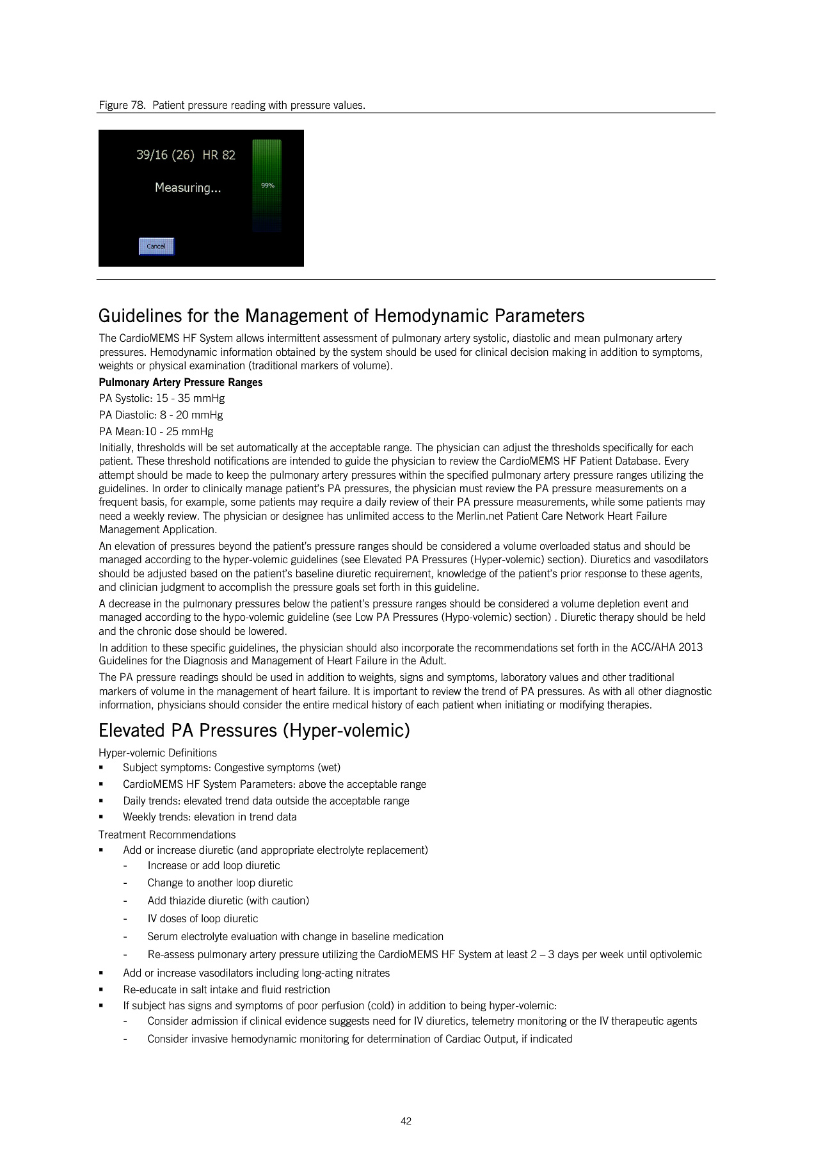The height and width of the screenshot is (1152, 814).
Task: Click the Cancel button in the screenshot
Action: [x=156, y=246]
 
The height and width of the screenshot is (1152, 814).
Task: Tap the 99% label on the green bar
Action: [x=267, y=186]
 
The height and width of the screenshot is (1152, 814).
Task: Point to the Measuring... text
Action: [x=188, y=188]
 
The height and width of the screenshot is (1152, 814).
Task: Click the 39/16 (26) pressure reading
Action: [x=165, y=155]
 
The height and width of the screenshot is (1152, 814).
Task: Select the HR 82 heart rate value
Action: [x=219, y=155]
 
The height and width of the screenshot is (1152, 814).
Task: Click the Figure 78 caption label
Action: [x=122, y=105]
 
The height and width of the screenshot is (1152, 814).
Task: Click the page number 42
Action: [x=406, y=1121]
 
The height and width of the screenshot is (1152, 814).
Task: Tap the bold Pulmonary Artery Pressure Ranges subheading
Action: [x=180, y=382]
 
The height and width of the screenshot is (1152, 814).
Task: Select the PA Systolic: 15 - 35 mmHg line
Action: [x=162, y=398]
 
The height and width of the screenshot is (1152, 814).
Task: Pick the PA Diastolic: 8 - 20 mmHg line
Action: [x=161, y=415]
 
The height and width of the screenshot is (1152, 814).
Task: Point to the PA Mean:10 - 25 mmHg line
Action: [x=156, y=431]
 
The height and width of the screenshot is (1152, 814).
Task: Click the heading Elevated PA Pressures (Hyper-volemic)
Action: [x=254, y=730]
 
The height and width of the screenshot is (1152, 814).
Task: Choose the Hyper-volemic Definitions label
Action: [x=157, y=753]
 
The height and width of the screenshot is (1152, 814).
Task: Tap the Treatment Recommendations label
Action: [x=167, y=835]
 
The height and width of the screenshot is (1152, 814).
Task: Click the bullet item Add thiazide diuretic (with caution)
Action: [x=228, y=900]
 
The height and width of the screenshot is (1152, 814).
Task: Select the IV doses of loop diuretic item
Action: [x=203, y=918]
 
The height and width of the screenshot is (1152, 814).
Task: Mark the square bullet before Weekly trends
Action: [x=101, y=817]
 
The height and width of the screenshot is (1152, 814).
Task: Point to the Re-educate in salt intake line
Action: [x=227, y=989]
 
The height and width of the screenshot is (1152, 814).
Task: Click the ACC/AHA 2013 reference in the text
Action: [x=666, y=647]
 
